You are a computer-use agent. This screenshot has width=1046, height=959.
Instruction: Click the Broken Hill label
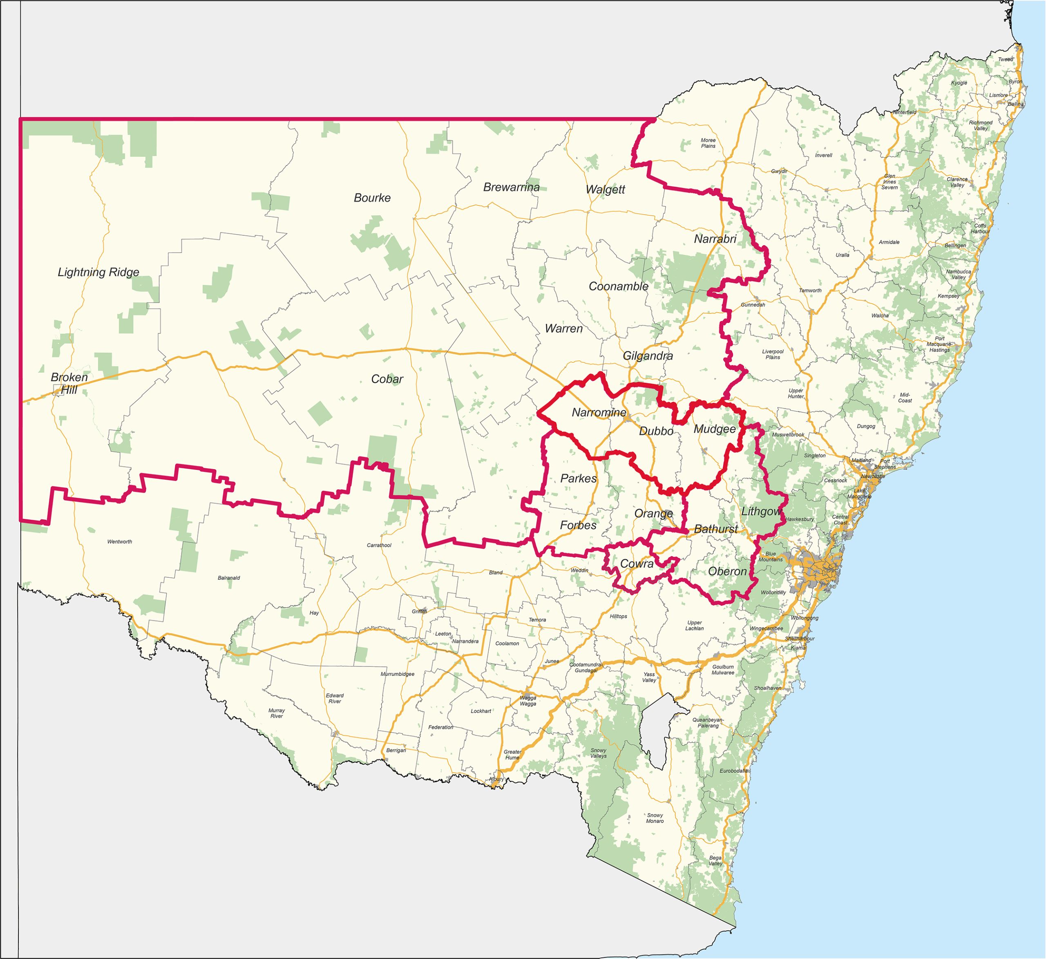69,384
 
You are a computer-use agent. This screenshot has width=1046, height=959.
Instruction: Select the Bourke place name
372,198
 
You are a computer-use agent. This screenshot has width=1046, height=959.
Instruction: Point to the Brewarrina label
511,187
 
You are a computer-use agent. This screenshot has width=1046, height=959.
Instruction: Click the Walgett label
605,190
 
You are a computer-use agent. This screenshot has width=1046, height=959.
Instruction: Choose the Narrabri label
715,239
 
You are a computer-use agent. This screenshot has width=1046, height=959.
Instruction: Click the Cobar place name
387,379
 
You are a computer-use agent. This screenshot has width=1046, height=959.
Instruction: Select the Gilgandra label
648,356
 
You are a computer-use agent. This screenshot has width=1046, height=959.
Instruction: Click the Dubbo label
656,431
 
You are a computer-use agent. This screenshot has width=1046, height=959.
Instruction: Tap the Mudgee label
715,429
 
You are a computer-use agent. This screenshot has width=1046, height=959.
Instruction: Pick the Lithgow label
761,511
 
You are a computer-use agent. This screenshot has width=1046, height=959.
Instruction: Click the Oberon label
727,571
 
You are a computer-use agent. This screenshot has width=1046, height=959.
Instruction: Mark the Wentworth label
119,542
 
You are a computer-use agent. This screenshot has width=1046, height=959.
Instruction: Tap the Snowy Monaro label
655,818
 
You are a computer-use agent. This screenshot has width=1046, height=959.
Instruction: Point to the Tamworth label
810,291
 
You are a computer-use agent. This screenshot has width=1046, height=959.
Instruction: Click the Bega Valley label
715,861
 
